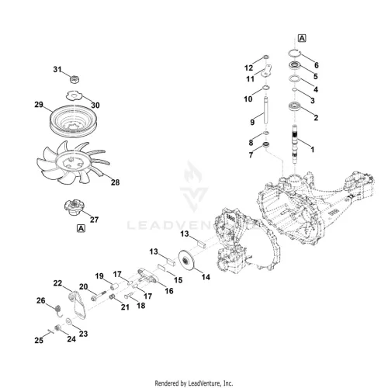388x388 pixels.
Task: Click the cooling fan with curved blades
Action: pyautogui.click(x=72, y=162)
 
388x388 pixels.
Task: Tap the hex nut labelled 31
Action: pyautogui.click(x=74, y=79)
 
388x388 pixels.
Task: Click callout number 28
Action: pyautogui.click(x=115, y=182)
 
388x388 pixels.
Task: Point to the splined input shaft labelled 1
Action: pyautogui.click(x=295, y=144)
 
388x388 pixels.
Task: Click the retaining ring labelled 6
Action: pyautogui.click(x=294, y=53)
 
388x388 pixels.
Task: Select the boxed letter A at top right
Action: pyautogui.click(x=302, y=38)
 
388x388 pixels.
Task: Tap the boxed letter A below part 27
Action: pyautogui.click(x=81, y=229)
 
